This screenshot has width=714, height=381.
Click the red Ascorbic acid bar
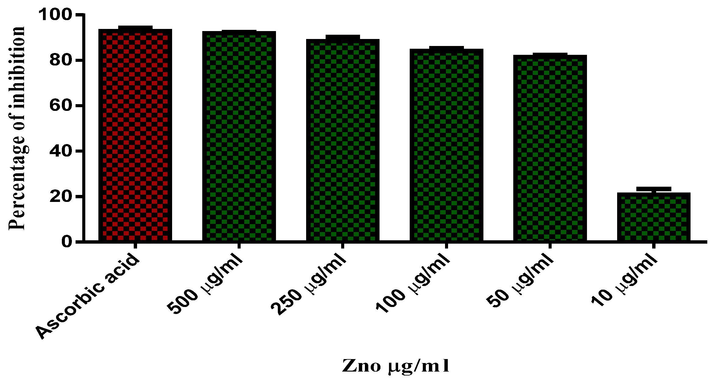click(135, 136)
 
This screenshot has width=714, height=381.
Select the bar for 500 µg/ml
click(239, 136)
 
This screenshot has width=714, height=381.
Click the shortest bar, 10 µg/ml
click(654, 217)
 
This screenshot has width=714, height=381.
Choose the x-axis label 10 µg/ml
click(624, 280)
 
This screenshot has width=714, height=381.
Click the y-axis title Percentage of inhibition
click(17, 128)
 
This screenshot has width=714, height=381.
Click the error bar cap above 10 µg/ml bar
click(654, 189)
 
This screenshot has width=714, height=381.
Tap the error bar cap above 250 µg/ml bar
click(343, 37)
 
